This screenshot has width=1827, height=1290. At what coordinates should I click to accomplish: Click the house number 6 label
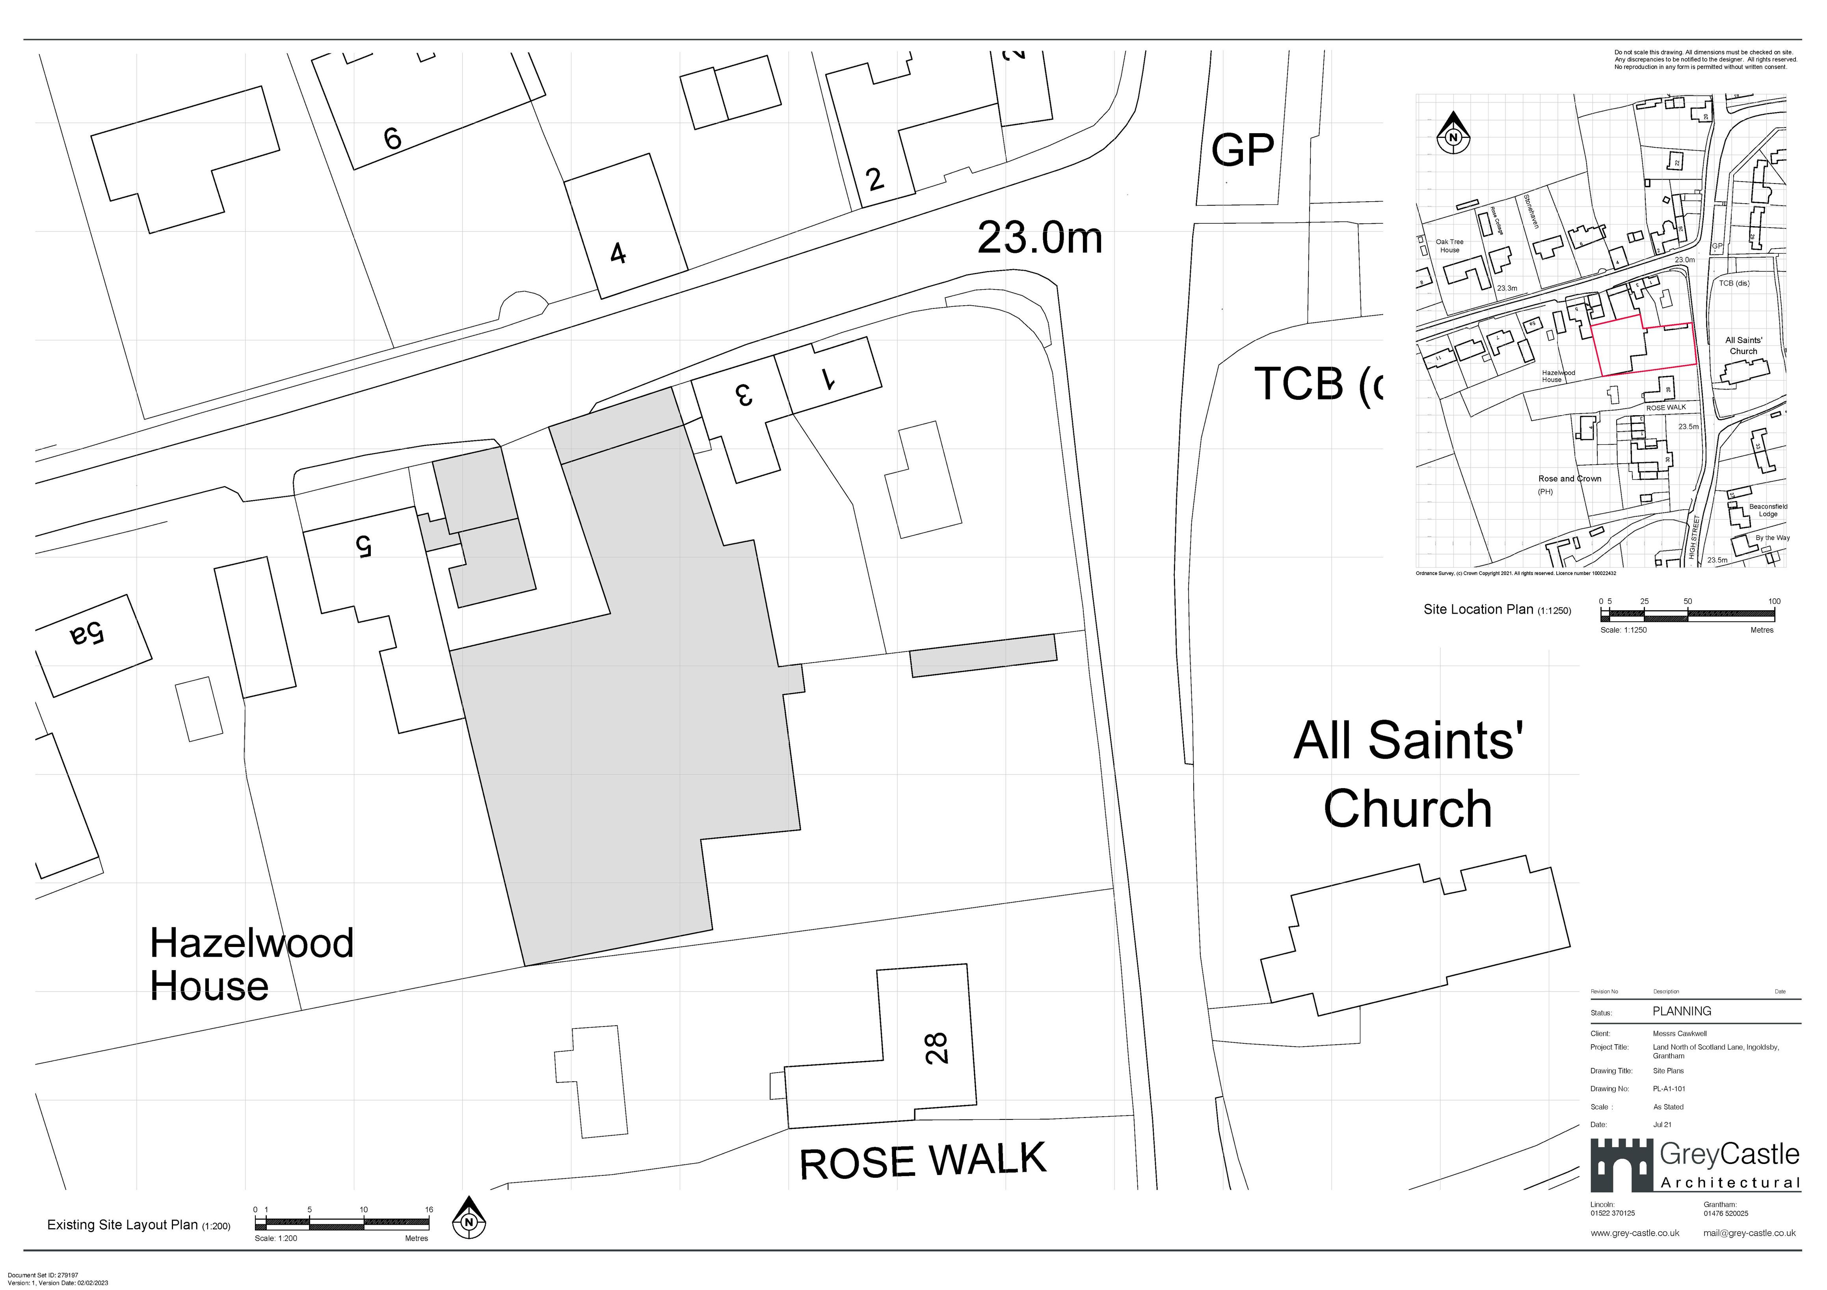pyautogui.click(x=392, y=138)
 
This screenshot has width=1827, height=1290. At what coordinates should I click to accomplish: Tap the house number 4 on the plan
pyautogui.click(x=618, y=254)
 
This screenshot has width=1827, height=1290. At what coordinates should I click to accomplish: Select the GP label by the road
pyautogui.click(x=1242, y=150)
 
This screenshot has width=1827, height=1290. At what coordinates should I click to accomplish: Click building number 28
pyautogui.click(x=937, y=1047)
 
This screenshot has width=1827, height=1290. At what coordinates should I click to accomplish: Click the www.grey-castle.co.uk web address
pyautogui.click(x=1634, y=1233)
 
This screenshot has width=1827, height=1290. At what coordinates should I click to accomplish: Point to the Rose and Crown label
pyautogui.click(x=1569, y=479)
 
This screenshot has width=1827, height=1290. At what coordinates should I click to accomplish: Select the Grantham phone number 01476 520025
pyautogui.click(x=1726, y=1214)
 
